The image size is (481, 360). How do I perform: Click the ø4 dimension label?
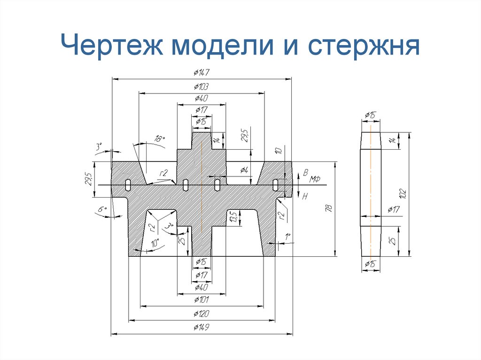[244, 170]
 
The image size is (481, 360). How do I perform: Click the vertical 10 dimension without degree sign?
[278, 151]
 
